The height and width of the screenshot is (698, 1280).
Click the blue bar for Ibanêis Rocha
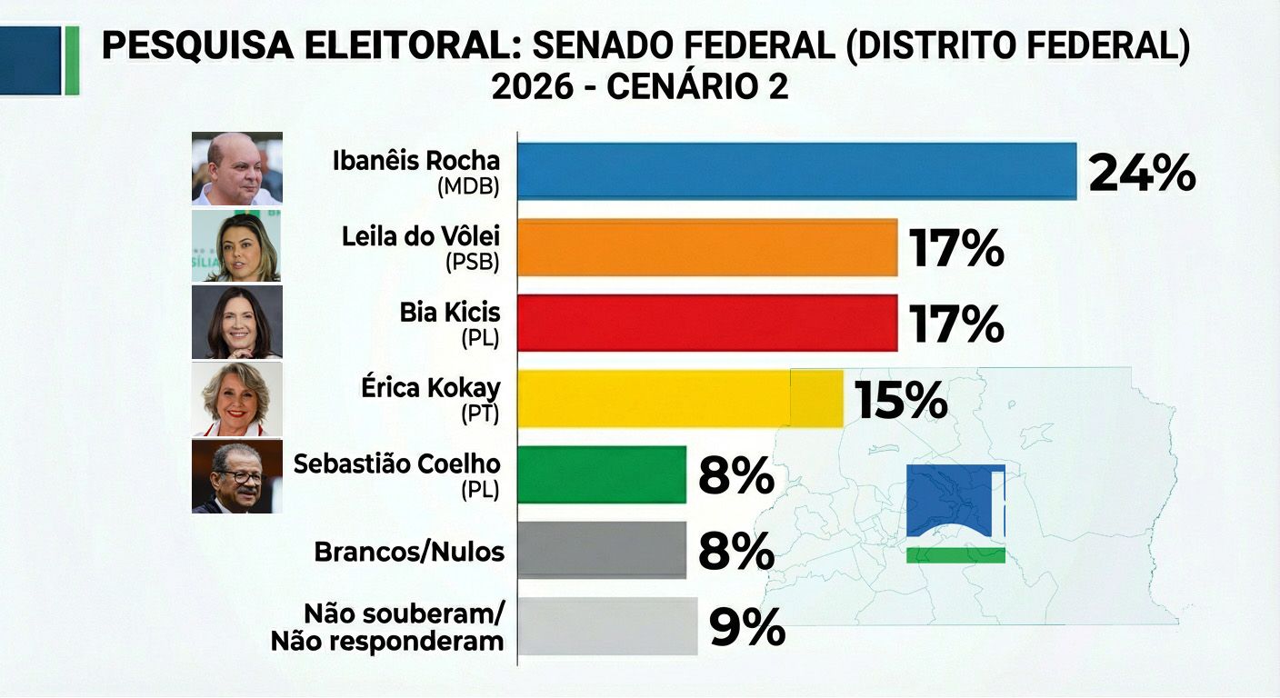pos(796,171)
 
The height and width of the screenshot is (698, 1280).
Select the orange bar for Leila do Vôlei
pos(707,247)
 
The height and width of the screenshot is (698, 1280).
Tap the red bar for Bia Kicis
pos(707,323)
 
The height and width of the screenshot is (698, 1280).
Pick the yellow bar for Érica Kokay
pos(680,398)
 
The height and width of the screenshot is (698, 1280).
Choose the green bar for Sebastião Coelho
pos(602,474)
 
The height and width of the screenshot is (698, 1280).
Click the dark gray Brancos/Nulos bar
pos(602,550)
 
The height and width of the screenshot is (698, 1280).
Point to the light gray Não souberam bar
pos(607,626)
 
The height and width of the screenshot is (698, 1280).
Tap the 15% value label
pos(901,400)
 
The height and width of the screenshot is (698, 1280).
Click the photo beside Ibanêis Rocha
pos(236,168)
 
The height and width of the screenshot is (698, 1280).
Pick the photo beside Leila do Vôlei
pos(236,246)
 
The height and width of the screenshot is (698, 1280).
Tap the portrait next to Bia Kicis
pos(236,323)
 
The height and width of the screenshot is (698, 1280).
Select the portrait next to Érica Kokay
pos(236,399)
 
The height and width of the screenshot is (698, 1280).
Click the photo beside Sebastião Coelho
pos(236,476)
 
